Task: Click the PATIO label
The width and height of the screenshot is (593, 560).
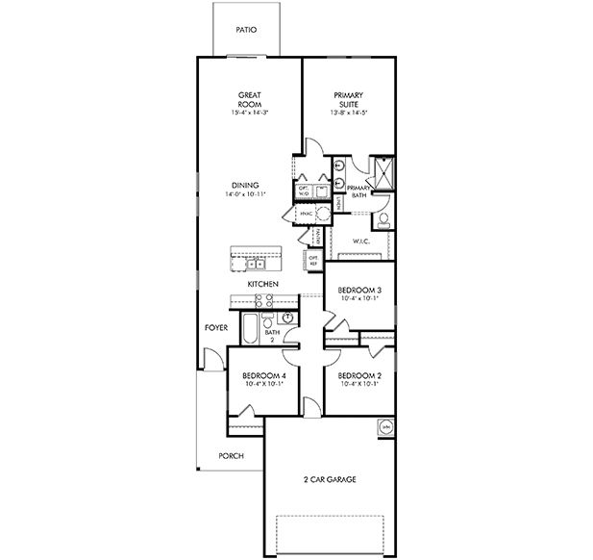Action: pos(246,30)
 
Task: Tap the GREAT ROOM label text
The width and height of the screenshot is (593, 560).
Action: pos(251,101)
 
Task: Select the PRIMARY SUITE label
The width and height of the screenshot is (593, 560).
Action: pos(347,101)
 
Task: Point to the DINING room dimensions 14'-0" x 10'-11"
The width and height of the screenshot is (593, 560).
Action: pos(247,194)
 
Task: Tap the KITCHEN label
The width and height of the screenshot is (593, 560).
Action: pos(262,285)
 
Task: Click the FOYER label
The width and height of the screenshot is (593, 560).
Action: pos(214,327)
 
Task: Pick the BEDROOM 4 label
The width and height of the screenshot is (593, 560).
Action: pos(262,374)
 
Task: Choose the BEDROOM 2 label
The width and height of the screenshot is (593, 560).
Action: pos(359,374)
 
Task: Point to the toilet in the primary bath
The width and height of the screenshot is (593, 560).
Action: pos(383,219)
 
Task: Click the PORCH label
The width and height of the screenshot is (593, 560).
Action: pos(230,456)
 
